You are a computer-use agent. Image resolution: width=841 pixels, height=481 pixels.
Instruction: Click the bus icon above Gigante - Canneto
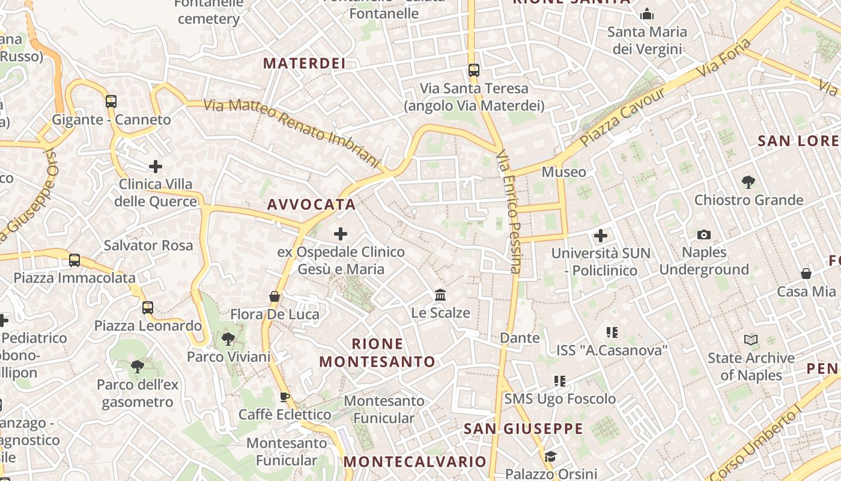tap(111, 102)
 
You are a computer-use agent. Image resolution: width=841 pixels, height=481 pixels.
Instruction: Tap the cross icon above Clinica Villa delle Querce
tap(156, 167)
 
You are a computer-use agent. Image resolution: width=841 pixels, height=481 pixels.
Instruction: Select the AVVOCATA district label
tap(311, 204)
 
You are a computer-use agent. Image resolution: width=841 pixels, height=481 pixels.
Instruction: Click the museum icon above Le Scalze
tap(440, 295)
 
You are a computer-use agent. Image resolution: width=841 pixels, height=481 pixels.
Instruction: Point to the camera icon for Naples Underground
tap(704, 234)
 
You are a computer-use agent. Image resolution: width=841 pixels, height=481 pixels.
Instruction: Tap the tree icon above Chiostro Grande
tap(748, 182)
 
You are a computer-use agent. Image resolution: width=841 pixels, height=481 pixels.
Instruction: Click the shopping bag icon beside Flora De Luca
tap(275, 296)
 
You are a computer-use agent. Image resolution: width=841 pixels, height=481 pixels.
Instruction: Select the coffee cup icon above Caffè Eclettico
tap(285, 397)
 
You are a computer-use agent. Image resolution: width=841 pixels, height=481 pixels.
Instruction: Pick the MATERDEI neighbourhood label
tap(304, 63)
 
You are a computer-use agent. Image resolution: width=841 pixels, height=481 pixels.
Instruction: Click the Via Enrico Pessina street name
tap(508, 212)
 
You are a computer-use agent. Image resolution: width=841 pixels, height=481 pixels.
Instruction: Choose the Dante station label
tap(520, 338)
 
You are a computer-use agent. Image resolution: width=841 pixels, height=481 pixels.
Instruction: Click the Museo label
tap(563, 172)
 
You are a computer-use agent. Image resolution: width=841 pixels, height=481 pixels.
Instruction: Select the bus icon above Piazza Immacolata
tap(74, 260)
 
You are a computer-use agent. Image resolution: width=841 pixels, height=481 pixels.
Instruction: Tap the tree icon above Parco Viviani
tap(228, 339)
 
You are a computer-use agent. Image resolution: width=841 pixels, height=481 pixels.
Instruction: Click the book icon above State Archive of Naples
tap(751, 340)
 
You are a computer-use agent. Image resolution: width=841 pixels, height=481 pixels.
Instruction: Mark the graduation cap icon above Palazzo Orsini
tap(550, 457)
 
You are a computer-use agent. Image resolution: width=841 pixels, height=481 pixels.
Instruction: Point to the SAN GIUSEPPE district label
tap(523, 429)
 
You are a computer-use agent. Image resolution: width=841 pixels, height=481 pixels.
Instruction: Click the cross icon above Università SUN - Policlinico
tap(601, 236)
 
